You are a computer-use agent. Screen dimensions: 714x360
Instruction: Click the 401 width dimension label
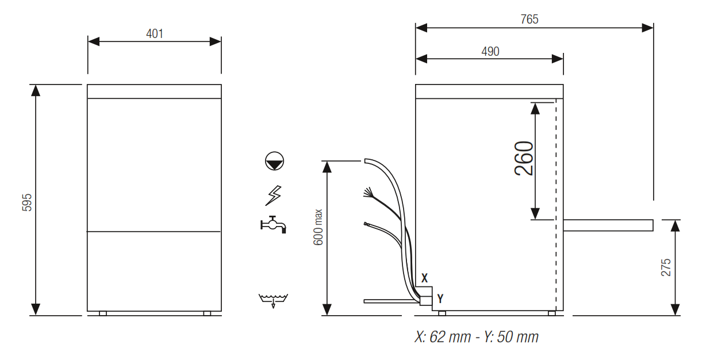155,33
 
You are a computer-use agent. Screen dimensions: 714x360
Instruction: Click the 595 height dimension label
27,202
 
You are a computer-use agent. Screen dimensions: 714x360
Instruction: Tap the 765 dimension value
529,20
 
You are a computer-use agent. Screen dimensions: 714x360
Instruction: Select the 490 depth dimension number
490,51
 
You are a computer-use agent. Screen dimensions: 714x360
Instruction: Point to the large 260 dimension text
524,158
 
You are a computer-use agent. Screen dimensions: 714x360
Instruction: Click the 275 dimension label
666,267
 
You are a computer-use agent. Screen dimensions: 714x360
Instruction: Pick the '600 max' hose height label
318,227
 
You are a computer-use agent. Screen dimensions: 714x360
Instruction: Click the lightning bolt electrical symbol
274,195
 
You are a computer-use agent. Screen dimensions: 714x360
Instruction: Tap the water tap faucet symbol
274,224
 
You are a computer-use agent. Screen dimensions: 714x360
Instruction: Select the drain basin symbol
273,300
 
